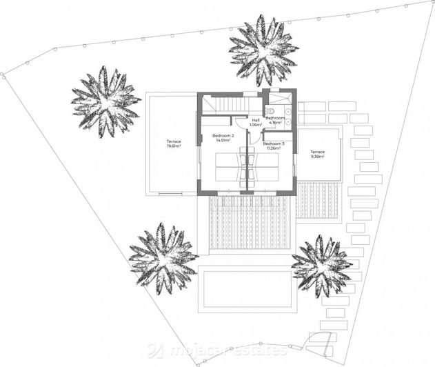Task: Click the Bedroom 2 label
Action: coord(223,136)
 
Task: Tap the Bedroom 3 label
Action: coord(273,143)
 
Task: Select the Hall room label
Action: coord(256,120)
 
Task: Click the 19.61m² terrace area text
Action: coord(173,147)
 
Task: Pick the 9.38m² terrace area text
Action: coord(317,157)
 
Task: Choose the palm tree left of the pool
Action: coord(162,257)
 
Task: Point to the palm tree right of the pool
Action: coord(321,266)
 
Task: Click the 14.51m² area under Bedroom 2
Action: coord(223,141)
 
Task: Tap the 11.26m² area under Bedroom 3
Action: coord(273,148)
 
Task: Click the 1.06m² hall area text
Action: coord(256,125)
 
